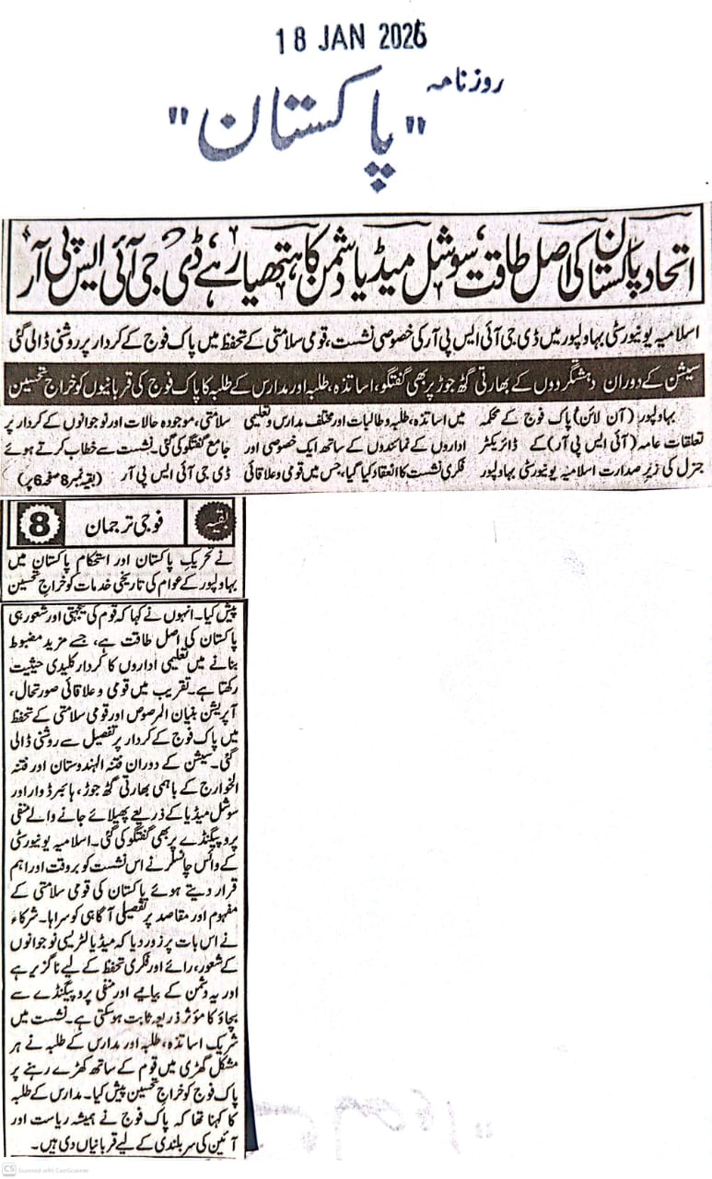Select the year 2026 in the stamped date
(401, 39)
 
